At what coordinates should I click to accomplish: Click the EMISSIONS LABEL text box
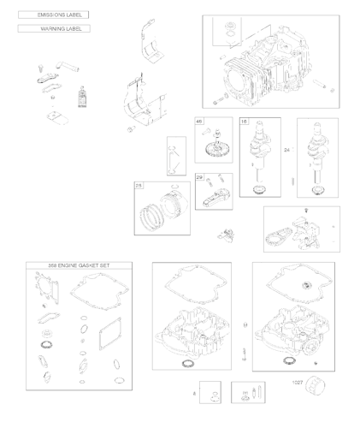click(x=53, y=15)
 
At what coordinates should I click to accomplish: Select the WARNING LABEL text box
click(x=53, y=29)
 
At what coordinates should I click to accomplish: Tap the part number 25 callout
click(x=139, y=185)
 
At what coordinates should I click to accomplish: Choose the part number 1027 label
click(x=297, y=383)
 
